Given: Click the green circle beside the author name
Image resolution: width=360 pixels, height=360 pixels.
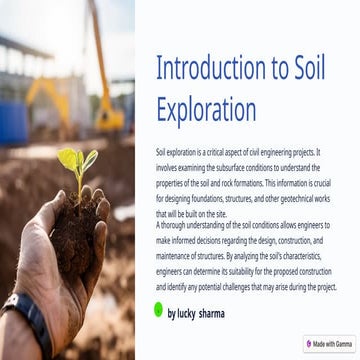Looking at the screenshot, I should click(x=158, y=311).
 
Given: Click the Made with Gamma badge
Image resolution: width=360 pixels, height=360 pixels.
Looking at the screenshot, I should click(x=329, y=343).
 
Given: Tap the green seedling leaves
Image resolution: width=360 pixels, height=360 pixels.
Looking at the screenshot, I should click(x=76, y=160).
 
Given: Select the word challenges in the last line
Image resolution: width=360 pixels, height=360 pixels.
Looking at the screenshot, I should click(x=236, y=286).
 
